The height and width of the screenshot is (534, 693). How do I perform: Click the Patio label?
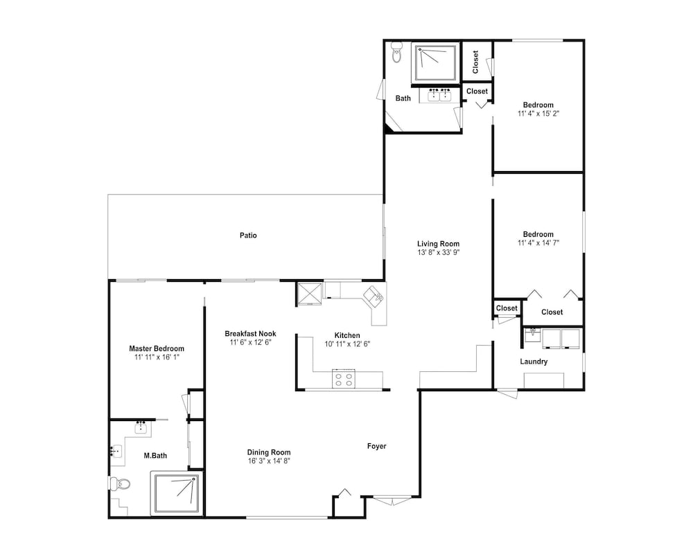point(248,235)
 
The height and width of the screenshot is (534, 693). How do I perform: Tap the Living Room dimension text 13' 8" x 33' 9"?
point(438,253)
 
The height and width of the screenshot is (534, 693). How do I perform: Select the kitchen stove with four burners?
point(344,379)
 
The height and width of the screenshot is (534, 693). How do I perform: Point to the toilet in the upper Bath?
point(396,52)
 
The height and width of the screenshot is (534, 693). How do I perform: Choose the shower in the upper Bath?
point(436,62)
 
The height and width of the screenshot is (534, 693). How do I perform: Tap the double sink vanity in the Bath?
point(439,96)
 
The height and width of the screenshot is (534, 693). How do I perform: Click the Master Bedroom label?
point(157,348)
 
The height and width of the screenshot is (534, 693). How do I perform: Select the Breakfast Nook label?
point(250,333)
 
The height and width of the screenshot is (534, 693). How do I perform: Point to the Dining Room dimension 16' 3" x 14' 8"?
point(269,461)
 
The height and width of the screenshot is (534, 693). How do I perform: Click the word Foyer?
point(376,446)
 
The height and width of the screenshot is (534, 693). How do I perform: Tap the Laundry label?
point(534,362)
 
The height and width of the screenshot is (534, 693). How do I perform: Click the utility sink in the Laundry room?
point(532,336)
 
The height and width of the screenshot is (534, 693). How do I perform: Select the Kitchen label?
point(347,335)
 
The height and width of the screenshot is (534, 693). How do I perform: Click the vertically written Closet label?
point(475,62)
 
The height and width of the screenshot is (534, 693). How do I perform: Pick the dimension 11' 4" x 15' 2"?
point(538,114)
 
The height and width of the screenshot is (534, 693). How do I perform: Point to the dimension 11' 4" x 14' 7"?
point(538,242)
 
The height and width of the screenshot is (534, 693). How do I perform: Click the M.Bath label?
point(155,455)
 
